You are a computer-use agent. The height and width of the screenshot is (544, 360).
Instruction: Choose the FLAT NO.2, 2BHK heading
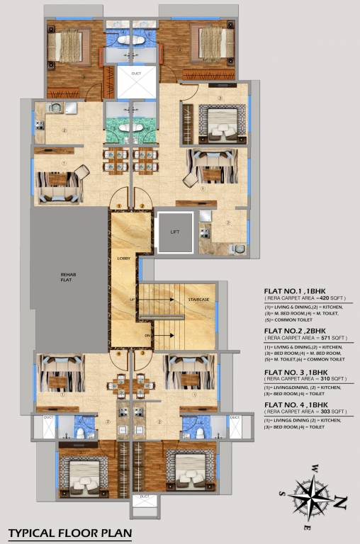coord(296,330)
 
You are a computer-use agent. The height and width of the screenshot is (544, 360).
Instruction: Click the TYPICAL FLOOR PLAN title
coord(69,532)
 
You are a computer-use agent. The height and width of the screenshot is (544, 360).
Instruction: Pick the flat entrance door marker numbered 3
coord(142,352)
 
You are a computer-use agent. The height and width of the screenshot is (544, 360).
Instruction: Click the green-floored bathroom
coord(131,128)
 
